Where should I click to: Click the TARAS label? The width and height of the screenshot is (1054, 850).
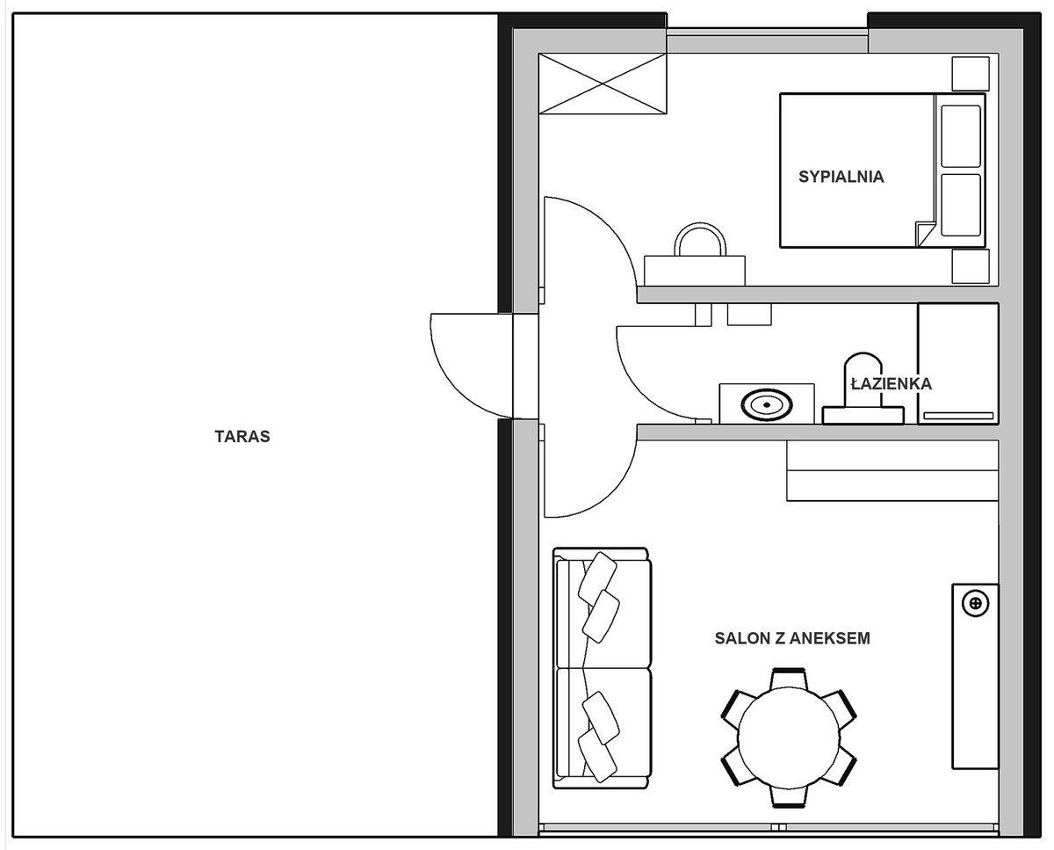pyautogui.click(x=242, y=436)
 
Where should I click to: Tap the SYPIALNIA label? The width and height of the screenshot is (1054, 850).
pyautogui.click(x=841, y=177)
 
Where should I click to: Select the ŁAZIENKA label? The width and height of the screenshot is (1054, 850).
pyautogui.click(x=892, y=383)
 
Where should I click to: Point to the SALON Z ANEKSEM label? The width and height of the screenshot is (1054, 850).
pyautogui.click(x=792, y=638)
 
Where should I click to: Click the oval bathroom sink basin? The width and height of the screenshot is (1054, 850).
pyautogui.click(x=766, y=405)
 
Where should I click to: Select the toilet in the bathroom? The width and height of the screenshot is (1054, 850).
pyautogui.click(x=863, y=389)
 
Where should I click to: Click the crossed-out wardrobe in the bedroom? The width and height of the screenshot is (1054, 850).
pyautogui.click(x=603, y=84)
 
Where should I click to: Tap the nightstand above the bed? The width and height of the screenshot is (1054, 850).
pyautogui.click(x=971, y=74)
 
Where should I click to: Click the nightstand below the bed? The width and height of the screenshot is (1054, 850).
pyautogui.click(x=971, y=266)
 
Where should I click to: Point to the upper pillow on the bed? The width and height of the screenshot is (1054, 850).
pyautogui.click(x=961, y=136)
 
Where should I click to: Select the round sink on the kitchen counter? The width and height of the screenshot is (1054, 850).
pyautogui.click(x=975, y=603)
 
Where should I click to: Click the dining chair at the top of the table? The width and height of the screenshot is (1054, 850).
pyautogui.click(x=789, y=679)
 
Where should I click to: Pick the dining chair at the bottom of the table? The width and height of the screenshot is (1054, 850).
pyautogui.click(x=789, y=797)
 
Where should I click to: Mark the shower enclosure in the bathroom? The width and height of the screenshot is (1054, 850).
pyautogui.click(x=958, y=363)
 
